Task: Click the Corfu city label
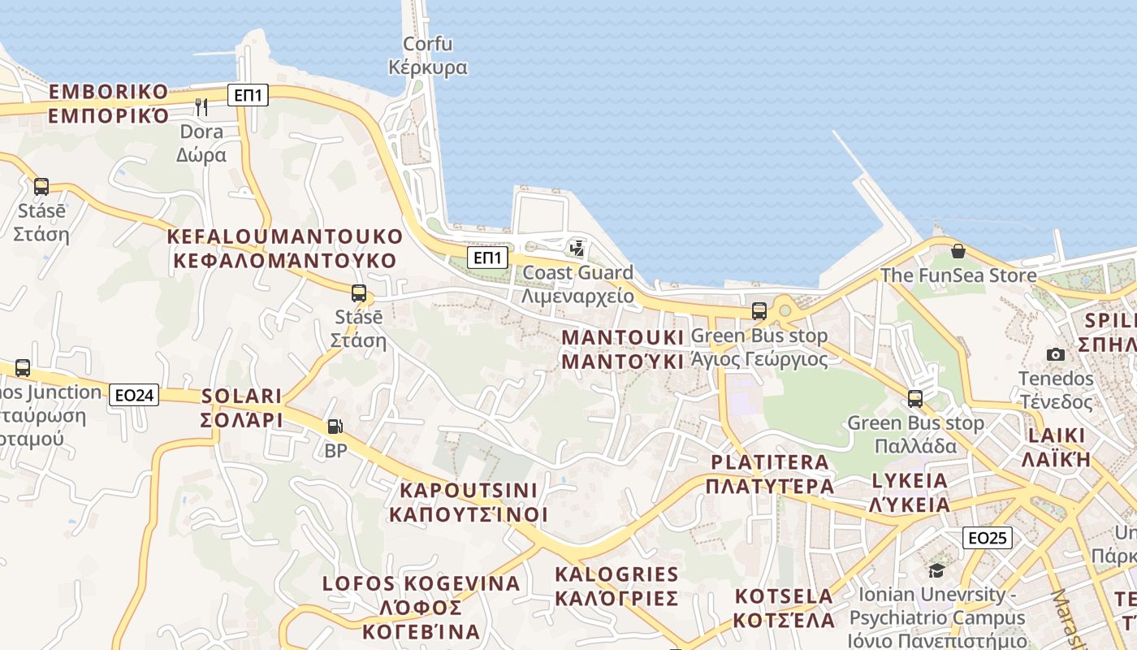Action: tap(428, 55)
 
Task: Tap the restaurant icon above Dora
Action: tap(201, 106)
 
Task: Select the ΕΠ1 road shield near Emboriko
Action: tap(248, 95)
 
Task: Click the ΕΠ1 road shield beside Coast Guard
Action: tap(487, 258)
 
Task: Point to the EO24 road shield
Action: tap(134, 395)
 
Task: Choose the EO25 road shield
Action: tap(988, 537)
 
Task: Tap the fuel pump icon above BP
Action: tap(335, 427)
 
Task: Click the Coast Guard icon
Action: tap(577, 248)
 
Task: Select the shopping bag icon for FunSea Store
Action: tap(958, 251)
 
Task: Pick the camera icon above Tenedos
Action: tap(1056, 354)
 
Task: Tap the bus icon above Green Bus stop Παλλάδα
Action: tap(915, 399)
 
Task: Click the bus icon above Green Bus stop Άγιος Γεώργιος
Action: tap(759, 310)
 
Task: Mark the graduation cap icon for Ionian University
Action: tap(936, 570)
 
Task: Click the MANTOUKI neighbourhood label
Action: tap(623, 349)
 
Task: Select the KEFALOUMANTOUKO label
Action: tap(284, 249)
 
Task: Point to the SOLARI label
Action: tap(241, 408)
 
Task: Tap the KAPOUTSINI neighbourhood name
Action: tap(469, 502)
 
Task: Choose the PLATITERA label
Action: tap(770, 474)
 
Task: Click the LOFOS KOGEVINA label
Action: tap(422, 607)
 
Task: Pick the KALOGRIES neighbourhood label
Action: tap(616, 586)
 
